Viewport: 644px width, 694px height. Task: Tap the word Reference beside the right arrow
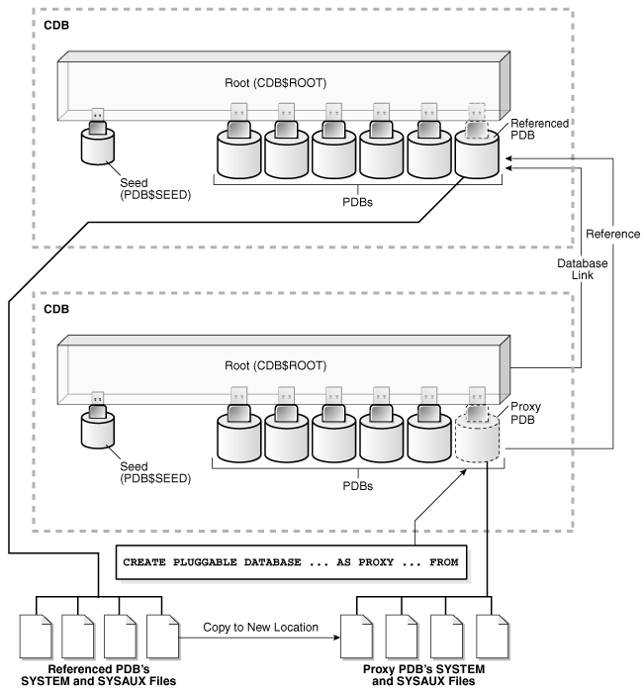click(613, 234)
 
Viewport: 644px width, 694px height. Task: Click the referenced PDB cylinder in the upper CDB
click(479, 158)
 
